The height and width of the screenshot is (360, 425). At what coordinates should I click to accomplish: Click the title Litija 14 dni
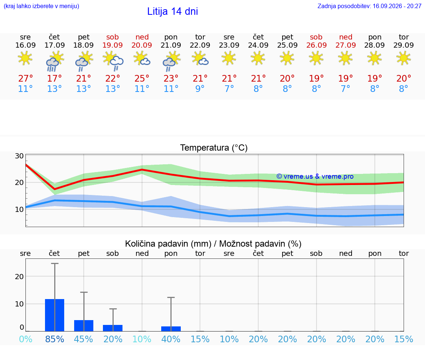click(172, 11)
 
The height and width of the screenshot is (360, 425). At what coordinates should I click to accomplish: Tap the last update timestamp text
click(369, 6)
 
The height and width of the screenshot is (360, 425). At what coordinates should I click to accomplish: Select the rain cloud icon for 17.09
click(55, 61)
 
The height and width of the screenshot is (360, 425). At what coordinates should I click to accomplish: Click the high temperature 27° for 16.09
click(25, 78)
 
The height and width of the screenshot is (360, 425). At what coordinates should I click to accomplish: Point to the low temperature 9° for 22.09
click(200, 89)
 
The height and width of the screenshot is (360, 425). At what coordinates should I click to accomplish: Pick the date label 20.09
click(142, 45)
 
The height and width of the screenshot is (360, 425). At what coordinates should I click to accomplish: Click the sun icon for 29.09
click(404, 58)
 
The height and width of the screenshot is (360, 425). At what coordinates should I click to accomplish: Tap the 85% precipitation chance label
click(55, 339)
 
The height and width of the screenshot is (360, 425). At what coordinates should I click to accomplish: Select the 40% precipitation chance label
click(171, 339)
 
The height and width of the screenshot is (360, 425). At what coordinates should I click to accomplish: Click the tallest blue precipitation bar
click(55, 315)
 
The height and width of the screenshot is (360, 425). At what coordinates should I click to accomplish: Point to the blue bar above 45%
click(84, 326)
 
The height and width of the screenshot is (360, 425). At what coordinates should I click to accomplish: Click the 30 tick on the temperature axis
click(19, 156)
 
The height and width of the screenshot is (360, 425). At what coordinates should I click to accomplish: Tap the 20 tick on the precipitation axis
click(19, 277)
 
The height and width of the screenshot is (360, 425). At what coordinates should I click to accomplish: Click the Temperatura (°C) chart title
click(214, 148)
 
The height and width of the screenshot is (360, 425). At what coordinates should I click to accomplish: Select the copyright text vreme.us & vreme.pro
click(315, 176)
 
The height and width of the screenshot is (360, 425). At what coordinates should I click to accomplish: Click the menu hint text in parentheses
click(41, 6)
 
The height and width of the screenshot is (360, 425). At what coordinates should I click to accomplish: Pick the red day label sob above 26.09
click(316, 37)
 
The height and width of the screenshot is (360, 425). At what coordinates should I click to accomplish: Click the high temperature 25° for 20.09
click(142, 78)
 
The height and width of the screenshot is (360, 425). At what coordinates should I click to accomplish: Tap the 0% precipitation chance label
click(25, 339)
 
